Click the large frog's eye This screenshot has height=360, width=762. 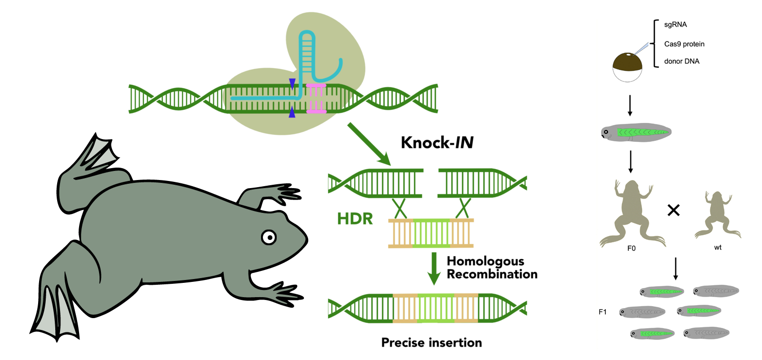[269, 237]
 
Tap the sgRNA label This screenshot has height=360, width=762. [675, 25]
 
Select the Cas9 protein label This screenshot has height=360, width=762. [684, 44]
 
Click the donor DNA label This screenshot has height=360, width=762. [682, 61]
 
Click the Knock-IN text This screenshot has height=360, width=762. [437, 142]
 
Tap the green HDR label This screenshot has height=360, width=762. [355, 219]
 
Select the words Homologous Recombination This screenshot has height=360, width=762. [491, 268]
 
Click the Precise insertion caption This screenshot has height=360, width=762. [431, 342]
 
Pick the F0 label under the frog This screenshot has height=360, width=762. [631, 248]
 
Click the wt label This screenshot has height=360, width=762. [718, 247]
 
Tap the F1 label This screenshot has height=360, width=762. [602, 312]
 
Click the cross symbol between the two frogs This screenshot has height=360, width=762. [673, 210]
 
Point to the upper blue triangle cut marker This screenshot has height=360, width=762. [292, 83]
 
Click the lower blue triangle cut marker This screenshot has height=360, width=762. [292, 112]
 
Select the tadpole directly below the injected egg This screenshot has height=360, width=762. [636, 132]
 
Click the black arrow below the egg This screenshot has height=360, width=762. [630, 105]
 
